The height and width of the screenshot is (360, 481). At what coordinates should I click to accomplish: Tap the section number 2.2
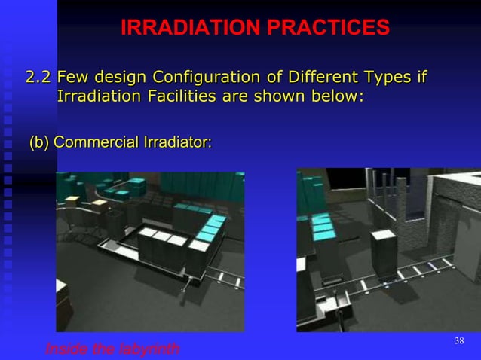coord(39,77)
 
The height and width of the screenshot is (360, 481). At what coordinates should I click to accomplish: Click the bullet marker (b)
coord(39,142)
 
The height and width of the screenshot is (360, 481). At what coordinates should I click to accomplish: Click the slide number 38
coord(458,342)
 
